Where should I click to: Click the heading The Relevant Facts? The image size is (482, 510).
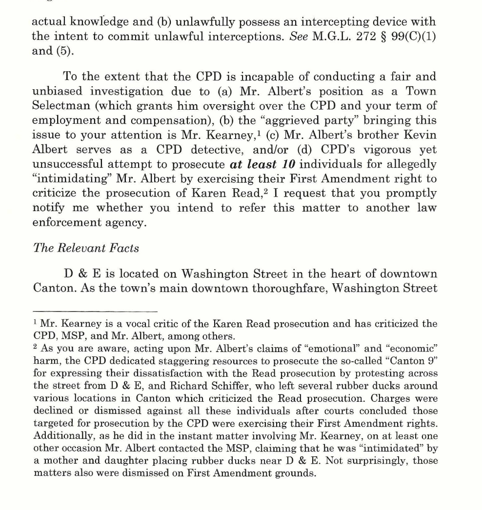click(x=85, y=248)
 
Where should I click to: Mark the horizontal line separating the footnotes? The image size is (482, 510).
click(x=95, y=311)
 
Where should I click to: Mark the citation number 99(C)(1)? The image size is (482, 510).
click(x=413, y=37)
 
